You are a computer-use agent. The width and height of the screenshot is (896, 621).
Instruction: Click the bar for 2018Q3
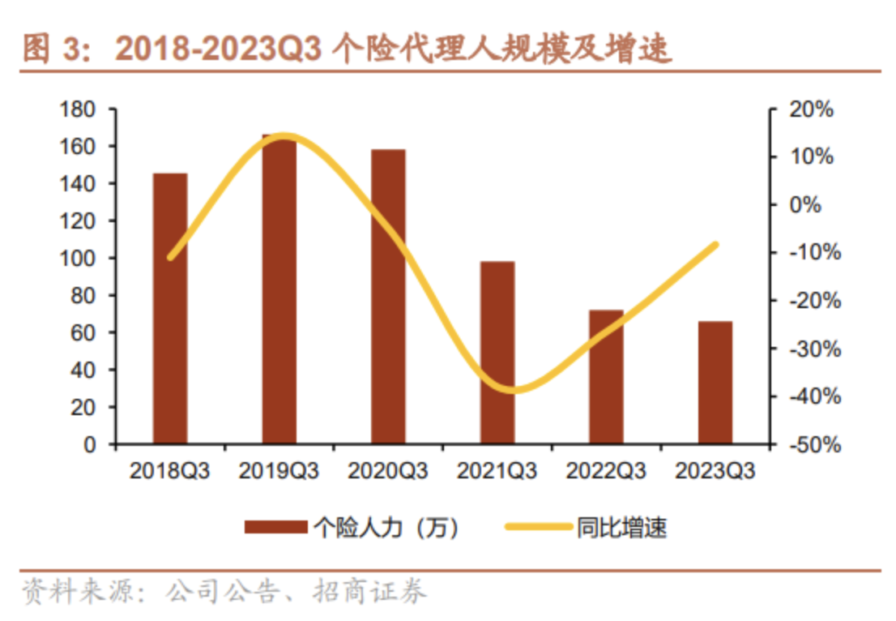[x=170, y=309]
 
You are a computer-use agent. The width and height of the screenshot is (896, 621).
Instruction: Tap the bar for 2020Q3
[x=388, y=297]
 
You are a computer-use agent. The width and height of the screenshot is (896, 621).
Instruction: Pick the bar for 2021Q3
[x=497, y=353]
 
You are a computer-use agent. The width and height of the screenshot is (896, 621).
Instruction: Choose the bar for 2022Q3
[x=606, y=377]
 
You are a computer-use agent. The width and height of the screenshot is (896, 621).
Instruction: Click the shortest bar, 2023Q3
[x=715, y=383]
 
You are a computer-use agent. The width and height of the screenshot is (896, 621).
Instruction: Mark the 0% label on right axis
[x=805, y=205]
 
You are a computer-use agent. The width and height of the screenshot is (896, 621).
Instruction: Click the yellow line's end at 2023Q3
[x=715, y=244]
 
